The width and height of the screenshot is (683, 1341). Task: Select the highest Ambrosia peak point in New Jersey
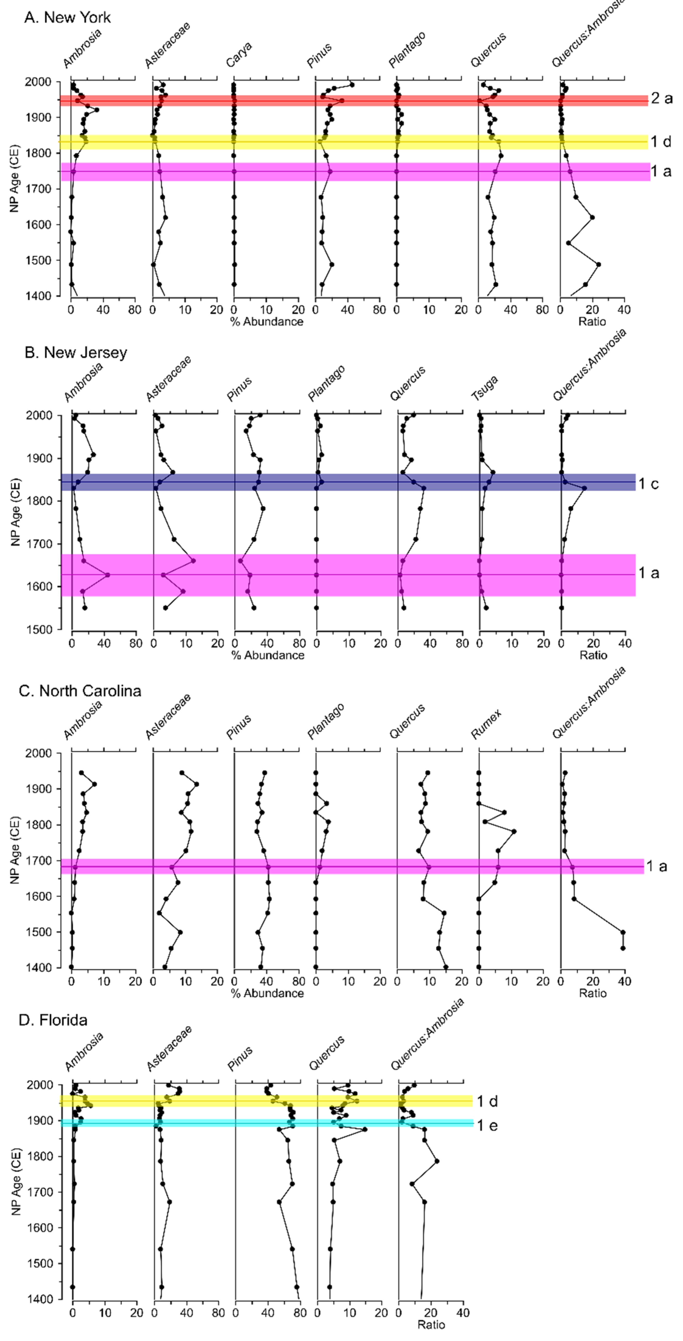click(108, 575)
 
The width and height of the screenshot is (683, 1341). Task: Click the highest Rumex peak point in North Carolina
click(514, 831)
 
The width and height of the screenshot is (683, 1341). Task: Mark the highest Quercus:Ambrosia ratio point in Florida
click(436, 1161)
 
